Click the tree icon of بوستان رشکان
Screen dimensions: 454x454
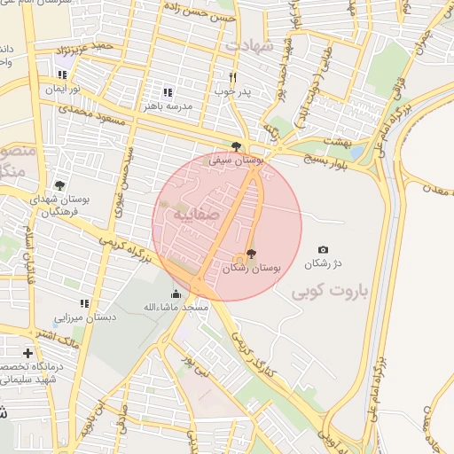[x=252, y=254]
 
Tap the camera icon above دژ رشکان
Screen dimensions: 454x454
[x=323, y=251]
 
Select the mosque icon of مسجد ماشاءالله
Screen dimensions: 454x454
[x=176, y=294]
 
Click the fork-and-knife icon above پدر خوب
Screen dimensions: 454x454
[x=233, y=77]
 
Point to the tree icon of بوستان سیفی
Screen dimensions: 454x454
[x=236, y=147]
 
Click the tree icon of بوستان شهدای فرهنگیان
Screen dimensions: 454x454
[x=59, y=186]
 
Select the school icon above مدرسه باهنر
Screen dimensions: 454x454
[x=167, y=92]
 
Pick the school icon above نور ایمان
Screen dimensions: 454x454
[x=62, y=76]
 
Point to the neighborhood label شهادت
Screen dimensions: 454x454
[x=254, y=44]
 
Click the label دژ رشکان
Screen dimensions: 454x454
[x=323, y=264]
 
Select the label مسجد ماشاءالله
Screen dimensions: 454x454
[x=178, y=307]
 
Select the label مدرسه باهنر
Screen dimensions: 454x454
[x=168, y=106]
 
